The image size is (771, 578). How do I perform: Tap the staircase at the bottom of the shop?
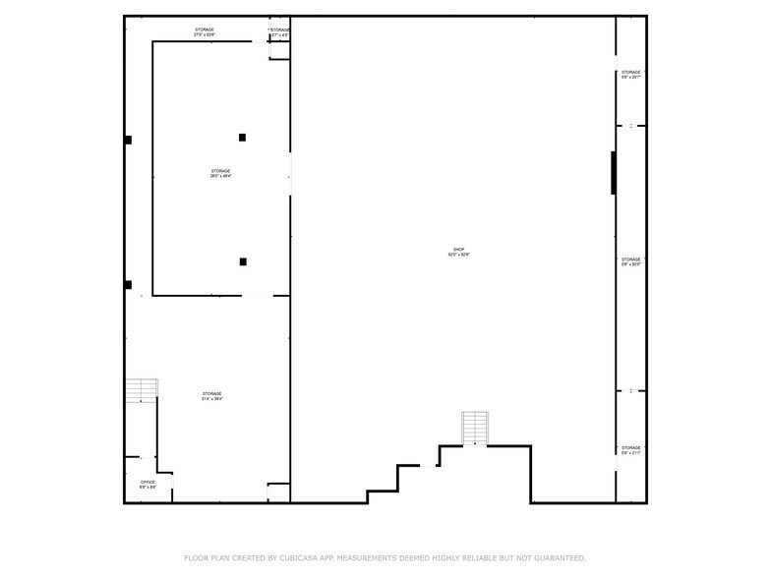[x=475, y=429]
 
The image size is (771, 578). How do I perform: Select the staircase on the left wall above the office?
[x=141, y=390]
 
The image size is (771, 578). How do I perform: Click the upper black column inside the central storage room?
[x=242, y=138]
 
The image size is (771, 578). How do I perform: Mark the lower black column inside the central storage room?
[x=243, y=261]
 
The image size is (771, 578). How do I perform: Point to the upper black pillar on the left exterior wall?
[x=128, y=140]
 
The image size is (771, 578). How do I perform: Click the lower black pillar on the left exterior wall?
[x=128, y=285]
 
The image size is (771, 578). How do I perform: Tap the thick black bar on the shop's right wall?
[x=614, y=173]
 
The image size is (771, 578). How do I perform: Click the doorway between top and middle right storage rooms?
[x=631, y=126]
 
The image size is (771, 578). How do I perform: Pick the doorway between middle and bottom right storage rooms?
[x=631, y=391]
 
